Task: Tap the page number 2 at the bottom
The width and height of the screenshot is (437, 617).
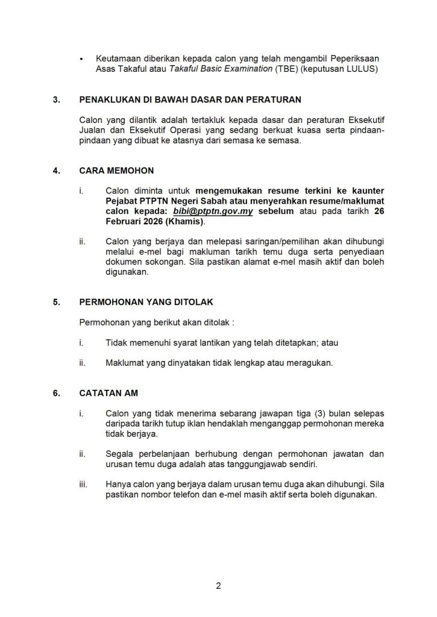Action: (218, 586)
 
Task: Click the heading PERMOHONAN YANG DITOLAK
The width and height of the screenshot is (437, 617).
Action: (146, 302)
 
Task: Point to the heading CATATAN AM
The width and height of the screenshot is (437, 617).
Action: (108, 393)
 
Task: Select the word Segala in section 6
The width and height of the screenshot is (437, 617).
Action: (119, 454)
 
